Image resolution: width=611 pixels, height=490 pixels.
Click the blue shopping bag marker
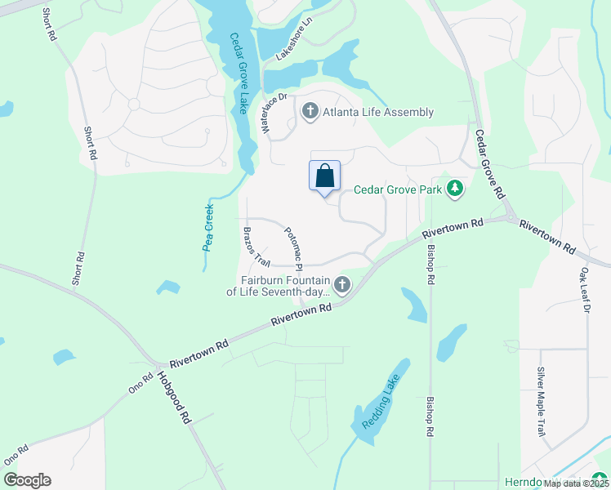click(x=324, y=176)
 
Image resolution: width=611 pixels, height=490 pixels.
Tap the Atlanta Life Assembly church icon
click(x=310, y=112)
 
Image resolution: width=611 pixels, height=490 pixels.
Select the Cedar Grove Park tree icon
click(x=455, y=189)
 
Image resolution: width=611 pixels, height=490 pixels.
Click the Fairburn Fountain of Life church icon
click(x=342, y=284)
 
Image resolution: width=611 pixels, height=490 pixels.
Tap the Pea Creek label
click(x=208, y=227)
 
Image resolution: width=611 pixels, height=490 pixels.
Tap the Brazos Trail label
click(x=255, y=247)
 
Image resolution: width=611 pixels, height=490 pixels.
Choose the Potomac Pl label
click(x=294, y=248)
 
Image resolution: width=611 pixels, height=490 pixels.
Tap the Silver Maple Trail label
click(x=540, y=402)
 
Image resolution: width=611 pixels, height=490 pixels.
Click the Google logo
click(x=27, y=480)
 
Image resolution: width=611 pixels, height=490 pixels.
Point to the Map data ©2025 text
click(x=574, y=483)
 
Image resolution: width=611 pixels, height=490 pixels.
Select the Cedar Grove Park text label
click(x=397, y=190)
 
